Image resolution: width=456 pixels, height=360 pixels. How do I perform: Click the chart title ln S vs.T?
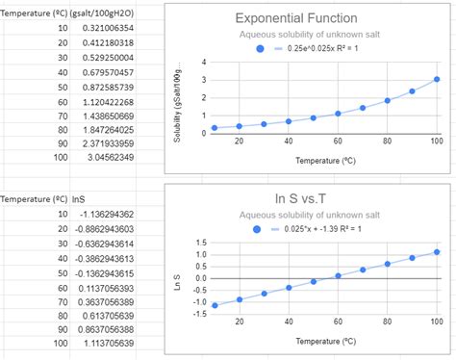tap(302, 198)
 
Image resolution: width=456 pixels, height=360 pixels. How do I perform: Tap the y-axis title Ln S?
tap(178, 283)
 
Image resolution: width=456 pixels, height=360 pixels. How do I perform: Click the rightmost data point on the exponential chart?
tap(437, 79)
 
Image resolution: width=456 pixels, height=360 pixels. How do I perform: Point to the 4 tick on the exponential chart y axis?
tap(203, 63)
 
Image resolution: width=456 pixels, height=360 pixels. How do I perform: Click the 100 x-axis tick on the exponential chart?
tap(436, 141)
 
